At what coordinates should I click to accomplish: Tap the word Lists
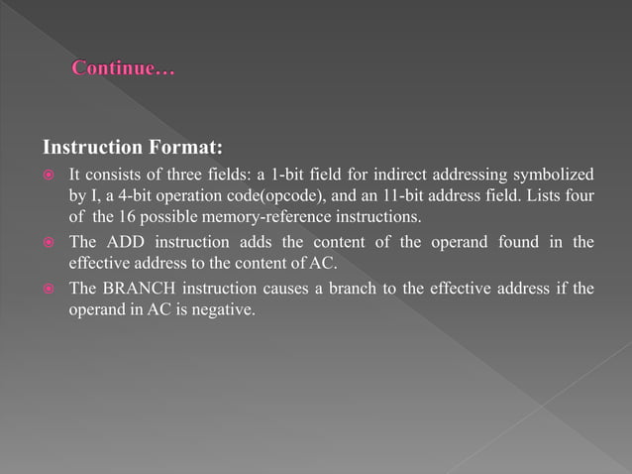pos(542,195)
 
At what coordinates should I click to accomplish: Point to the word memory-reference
pos(260,216)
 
